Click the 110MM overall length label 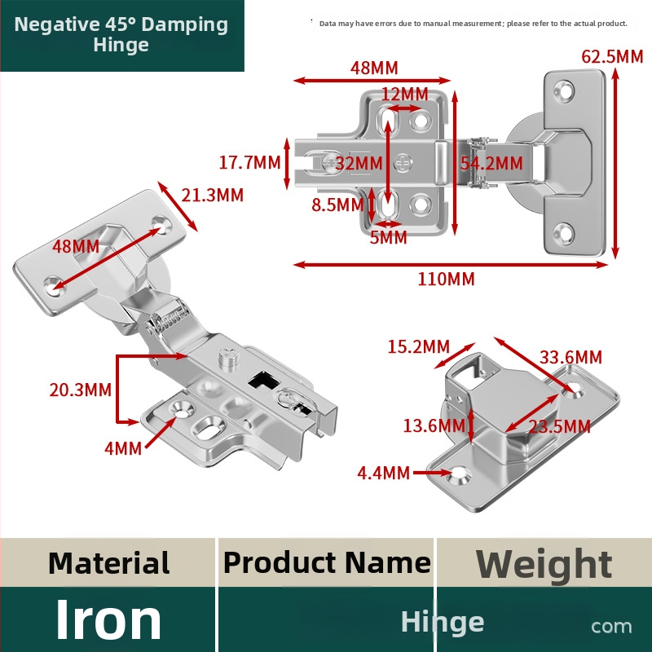(x=446, y=279)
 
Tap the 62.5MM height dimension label (x=612, y=56)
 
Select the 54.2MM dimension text (x=491, y=164)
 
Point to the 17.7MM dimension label (x=249, y=162)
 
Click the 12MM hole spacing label (x=404, y=94)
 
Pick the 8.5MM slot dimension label (x=337, y=205)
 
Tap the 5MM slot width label (x=389, y=237)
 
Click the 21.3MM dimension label (x=212, y=195)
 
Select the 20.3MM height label (x=80, y=390)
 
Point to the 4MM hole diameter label (x=123, y=449)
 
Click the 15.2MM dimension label (x=418, y=346)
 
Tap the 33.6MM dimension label (x=570, y=357)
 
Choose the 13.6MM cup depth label (x=434, y=425)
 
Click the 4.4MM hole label (x=383, y=473)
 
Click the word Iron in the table (x=108, y=619)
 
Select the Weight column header (x=544, y=564)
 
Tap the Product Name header (x=327, y=562)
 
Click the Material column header (x=109, y=563)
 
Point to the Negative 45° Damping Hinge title (x=121, y=34)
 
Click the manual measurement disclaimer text (x=474, y=24)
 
